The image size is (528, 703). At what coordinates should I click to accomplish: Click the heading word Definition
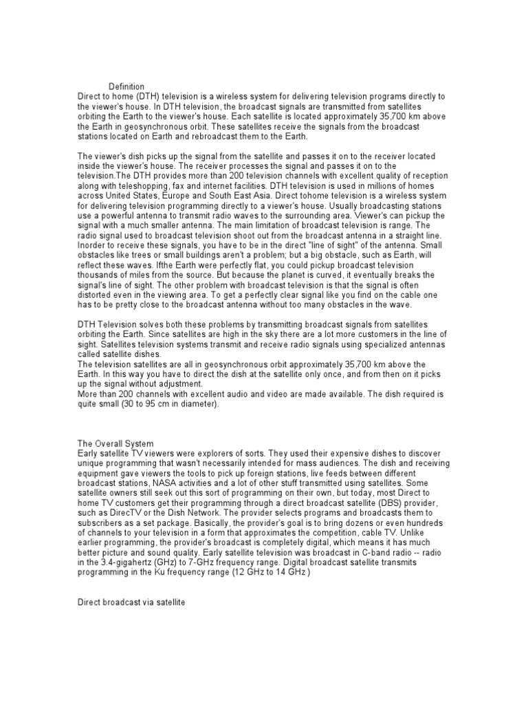pos(126,87)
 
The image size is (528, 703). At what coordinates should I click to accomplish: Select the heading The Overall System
pos(116,443)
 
